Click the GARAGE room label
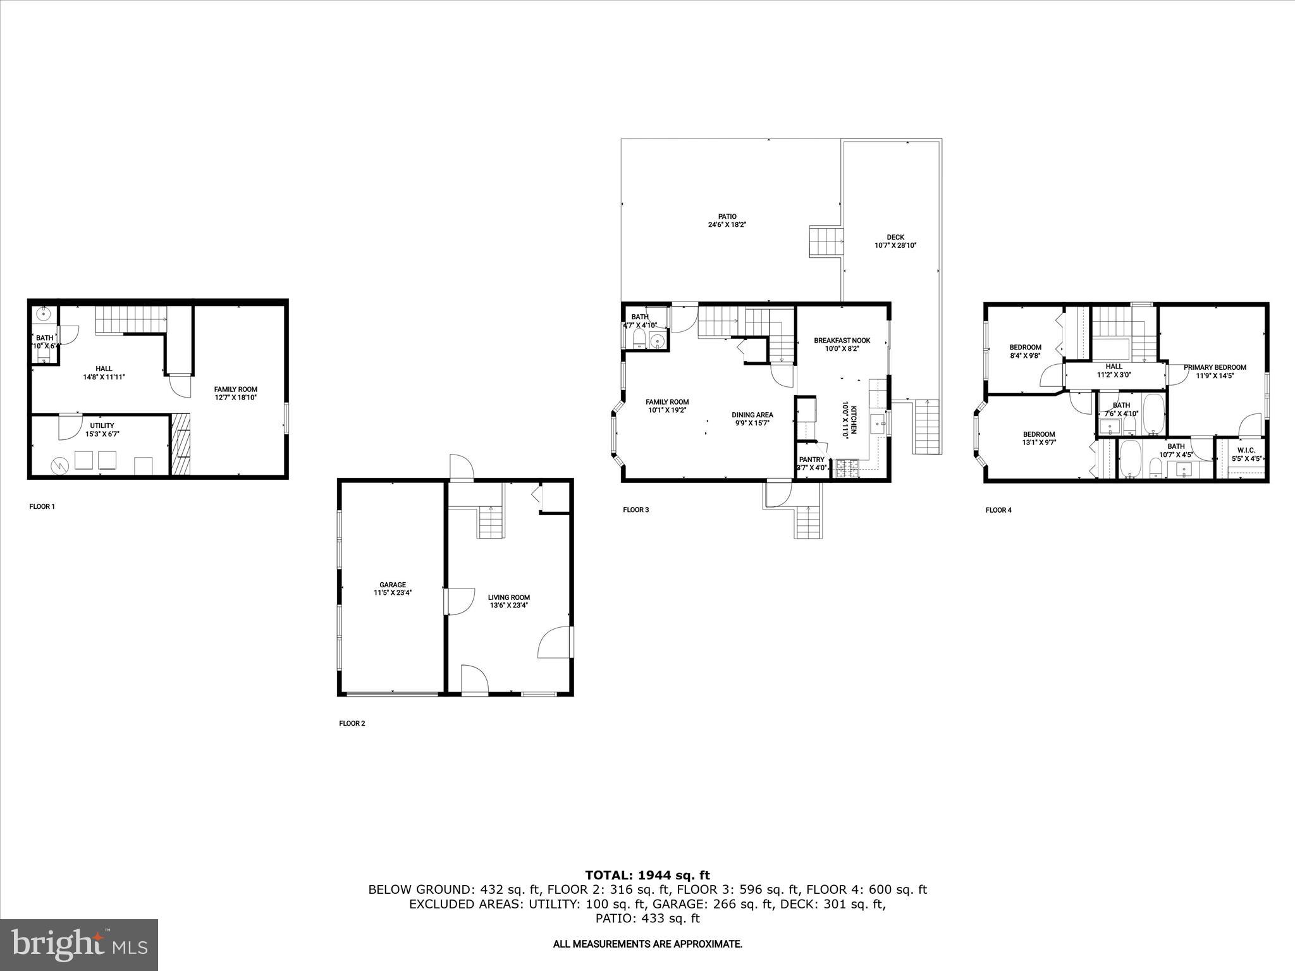coord(392,585)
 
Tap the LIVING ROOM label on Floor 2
coord(508,597)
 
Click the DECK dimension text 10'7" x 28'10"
coord(895,245)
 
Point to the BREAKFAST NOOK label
coord(842,340)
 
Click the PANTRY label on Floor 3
coord(811,460)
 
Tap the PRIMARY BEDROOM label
coord(1215,367)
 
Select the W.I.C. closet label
coord(1246,450)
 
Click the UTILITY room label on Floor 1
coord(102,425)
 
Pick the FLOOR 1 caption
coord(42,506)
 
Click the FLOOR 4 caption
coord(998,510)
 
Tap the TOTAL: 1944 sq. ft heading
coord(647,876)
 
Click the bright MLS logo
coord(79,944)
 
